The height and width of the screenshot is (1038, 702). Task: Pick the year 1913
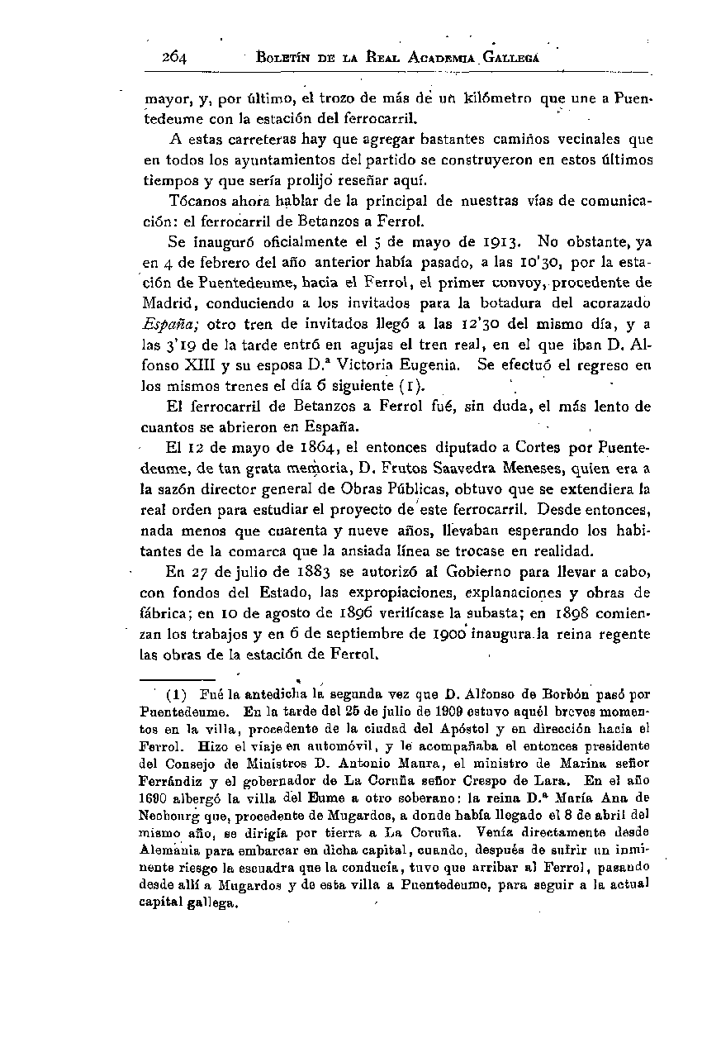point(498,243)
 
